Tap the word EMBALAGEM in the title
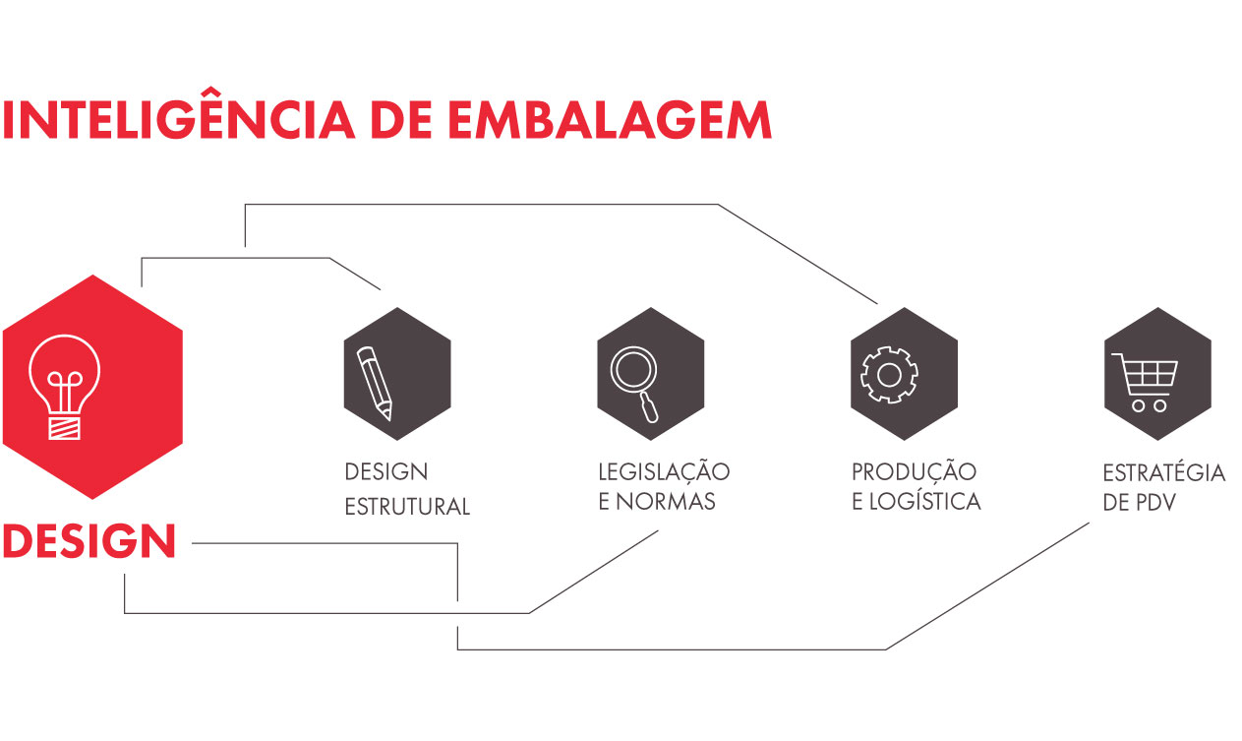(x=610, y=120)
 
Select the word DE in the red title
(x=401, y=120)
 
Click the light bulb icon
(x=65, y=387)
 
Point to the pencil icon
(x=375, y=383)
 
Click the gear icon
(x=889, y=375)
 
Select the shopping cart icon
(x=1145, y=383)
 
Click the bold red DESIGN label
(x=89, y=540)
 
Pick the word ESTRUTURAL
(x=407, y=507)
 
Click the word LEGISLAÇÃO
(x=664, y=472)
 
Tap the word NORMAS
(x=666, y=502)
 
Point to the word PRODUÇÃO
(x=914, y=471)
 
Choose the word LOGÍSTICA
(x=924, y=501)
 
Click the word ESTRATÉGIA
(x=1163, y=472)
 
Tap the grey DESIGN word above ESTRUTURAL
(x=385, y=471)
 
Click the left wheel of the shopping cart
(x=1138, y=406)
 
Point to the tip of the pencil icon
(x=389, y=418)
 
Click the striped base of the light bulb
(x=64, y=428)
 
